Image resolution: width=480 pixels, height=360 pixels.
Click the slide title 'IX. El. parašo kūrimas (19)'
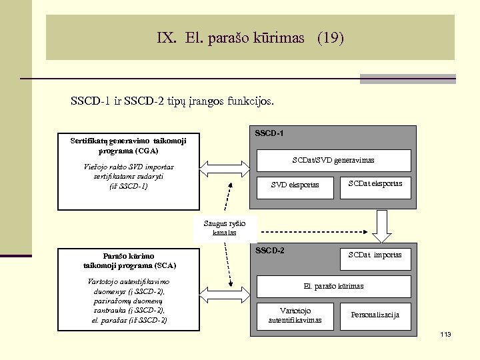coord(251,38)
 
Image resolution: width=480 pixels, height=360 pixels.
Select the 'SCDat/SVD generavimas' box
coord(333,160)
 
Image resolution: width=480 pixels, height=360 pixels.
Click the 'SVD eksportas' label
coord(295,185)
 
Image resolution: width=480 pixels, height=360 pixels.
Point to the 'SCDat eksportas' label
coord(375,183)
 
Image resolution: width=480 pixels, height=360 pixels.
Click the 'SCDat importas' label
coord(375,255)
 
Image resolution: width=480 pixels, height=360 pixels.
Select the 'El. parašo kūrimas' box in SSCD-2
coord(333,286)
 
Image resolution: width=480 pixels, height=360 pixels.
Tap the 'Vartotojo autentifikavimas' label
coord(295,315)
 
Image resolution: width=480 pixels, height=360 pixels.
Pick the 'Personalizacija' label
coord(375,315)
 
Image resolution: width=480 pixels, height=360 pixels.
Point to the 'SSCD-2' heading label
coord(269,251)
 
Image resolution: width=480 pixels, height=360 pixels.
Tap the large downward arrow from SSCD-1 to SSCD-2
coord(382,227)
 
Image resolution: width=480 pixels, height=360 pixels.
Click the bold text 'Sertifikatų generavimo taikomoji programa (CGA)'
coord(129,145)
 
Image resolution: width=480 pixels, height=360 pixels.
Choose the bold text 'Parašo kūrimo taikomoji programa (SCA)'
coord(129,260)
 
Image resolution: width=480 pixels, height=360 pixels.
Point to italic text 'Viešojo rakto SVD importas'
coord(129,167)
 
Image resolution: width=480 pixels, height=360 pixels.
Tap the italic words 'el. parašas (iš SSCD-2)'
coord(129,320)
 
